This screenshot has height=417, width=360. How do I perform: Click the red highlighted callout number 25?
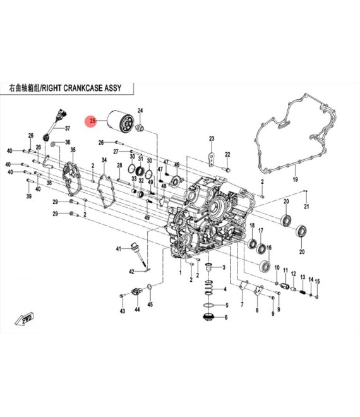[x=92, y=121]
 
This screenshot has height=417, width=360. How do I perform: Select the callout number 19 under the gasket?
[x=295, y=179]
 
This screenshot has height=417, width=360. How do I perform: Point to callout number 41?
[x=119, y=249]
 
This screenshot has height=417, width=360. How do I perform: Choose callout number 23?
[x=212, y=138]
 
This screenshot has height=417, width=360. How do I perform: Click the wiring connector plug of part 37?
[x=61, y=114]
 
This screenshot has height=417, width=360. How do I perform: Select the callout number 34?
[x=104, y=160]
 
